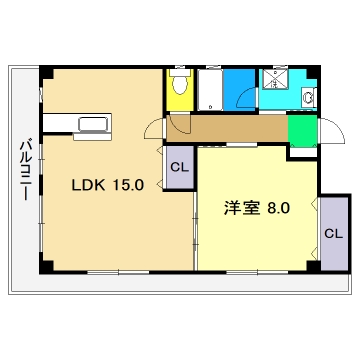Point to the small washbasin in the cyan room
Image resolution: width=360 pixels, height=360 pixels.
point(307,98)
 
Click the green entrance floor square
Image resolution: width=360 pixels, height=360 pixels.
point(299,130)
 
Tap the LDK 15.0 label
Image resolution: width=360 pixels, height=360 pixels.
point(107,185)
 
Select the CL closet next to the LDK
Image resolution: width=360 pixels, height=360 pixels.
point(179,167)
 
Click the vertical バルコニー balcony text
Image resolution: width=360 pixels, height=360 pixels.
point(23,171)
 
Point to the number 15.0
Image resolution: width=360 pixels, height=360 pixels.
point(130,185)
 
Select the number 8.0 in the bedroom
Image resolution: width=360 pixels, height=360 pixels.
point(278,209)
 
